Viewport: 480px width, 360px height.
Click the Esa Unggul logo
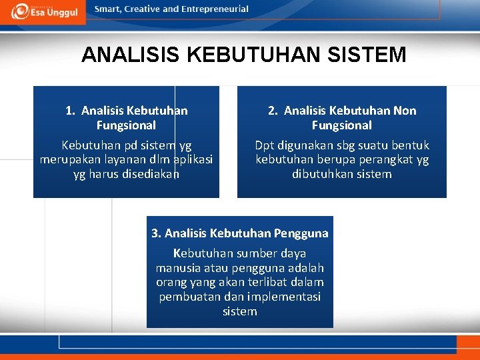pyautogui.click(x=43, y=11)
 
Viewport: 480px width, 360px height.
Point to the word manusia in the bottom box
pyautogui.click(x=177, y=268)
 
